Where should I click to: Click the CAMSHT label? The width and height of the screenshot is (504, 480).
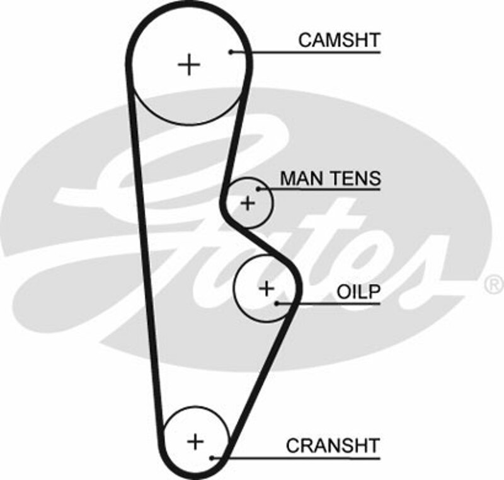tap(339, 40)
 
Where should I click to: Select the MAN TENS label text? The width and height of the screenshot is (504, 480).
tap(330, 178)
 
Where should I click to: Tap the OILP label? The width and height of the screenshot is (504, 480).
tap(358, 292)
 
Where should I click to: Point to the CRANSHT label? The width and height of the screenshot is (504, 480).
tap(333, 445)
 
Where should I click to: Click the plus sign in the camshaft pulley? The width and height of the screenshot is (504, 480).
tap(188, 64)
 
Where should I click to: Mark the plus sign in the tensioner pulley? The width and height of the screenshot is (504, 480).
tap(248, 203)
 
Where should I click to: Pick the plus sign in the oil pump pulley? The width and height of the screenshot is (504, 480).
tap(267, 289)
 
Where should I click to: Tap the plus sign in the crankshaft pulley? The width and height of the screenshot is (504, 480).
tap(196, 441)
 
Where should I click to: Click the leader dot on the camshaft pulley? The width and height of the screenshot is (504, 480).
tap(231, 52)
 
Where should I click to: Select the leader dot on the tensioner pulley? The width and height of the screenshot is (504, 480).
tap(258, 188)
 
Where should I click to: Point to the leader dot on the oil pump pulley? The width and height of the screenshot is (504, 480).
tap(277, 303)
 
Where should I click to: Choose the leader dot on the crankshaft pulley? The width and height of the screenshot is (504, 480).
tap(214, 457)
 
